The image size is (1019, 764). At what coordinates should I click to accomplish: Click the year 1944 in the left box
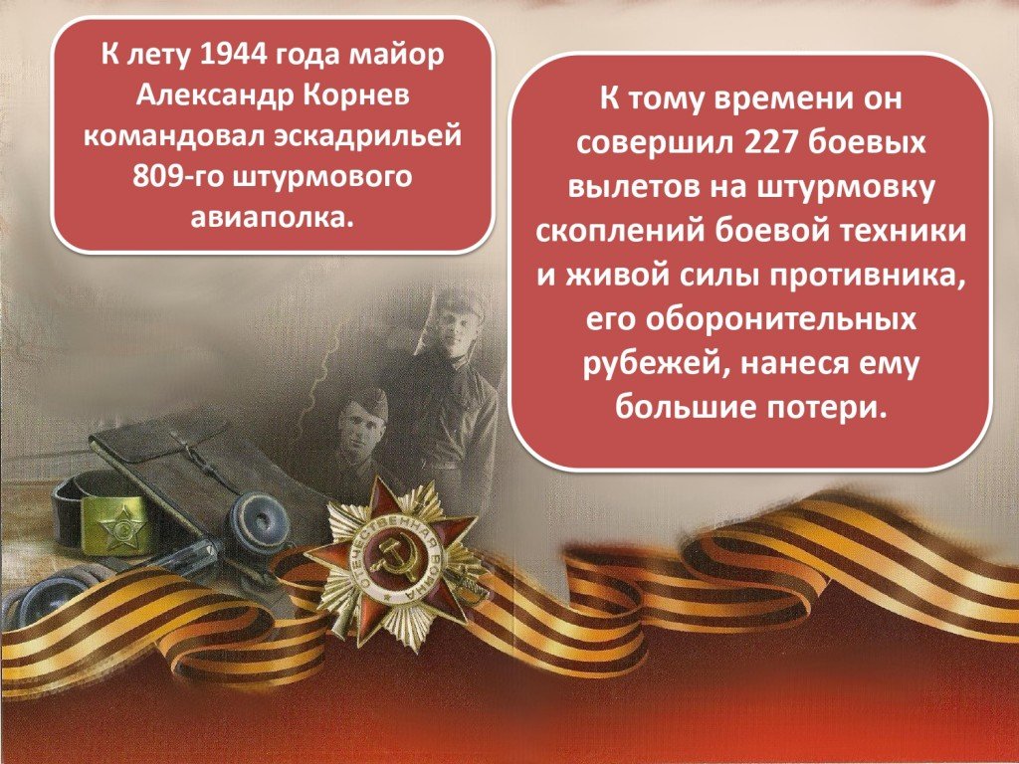click(233, 54)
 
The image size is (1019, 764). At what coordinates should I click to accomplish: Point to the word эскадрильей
click(367, 137)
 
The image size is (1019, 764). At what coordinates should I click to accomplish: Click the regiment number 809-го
click(174, 177)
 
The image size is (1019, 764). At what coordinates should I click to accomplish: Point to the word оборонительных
click(750, 319)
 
